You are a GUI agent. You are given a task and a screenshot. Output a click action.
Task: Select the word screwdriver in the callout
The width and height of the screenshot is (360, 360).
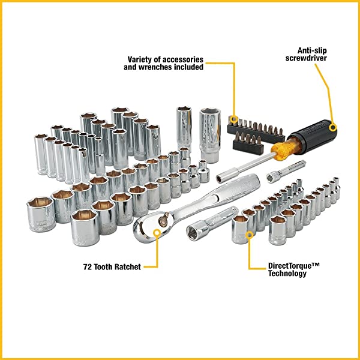tap(310, 59)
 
